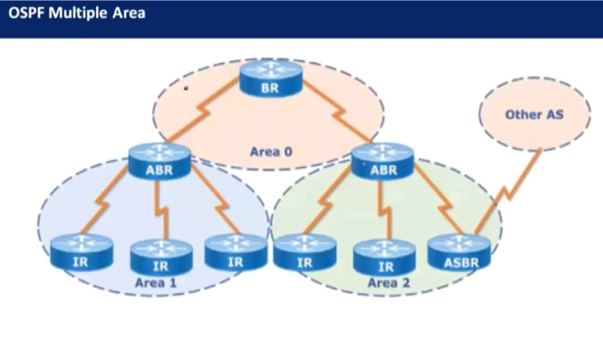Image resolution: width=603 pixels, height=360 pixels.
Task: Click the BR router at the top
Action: pos(271,78)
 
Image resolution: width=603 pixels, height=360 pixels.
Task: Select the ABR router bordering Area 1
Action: pos(159,161)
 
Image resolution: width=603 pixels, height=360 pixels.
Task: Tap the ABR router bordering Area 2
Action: pos(383,161)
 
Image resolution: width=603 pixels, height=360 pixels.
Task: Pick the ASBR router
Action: pos(459,252)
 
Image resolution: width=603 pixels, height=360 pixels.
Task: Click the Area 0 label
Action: pos(271,151)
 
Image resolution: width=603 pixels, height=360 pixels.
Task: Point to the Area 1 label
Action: pos(156,283)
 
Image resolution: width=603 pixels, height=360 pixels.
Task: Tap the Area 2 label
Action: pos(389,283)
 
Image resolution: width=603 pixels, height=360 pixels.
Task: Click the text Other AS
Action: pos(534,114)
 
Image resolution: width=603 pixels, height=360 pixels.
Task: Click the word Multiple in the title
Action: pos(78,13)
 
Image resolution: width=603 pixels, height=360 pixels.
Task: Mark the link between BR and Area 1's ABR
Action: pos(203,110)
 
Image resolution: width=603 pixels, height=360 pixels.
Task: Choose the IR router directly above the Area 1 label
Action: pos(161,256)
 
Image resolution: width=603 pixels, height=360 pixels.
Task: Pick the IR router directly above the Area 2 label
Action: pos(385,256)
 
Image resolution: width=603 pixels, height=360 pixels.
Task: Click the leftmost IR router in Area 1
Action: pos(82,252)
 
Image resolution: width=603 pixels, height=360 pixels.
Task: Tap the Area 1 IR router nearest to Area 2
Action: pos(236,252)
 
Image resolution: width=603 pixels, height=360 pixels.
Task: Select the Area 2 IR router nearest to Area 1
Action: pos(305,252)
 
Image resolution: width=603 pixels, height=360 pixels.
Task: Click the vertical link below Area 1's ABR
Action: pos(161,210)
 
